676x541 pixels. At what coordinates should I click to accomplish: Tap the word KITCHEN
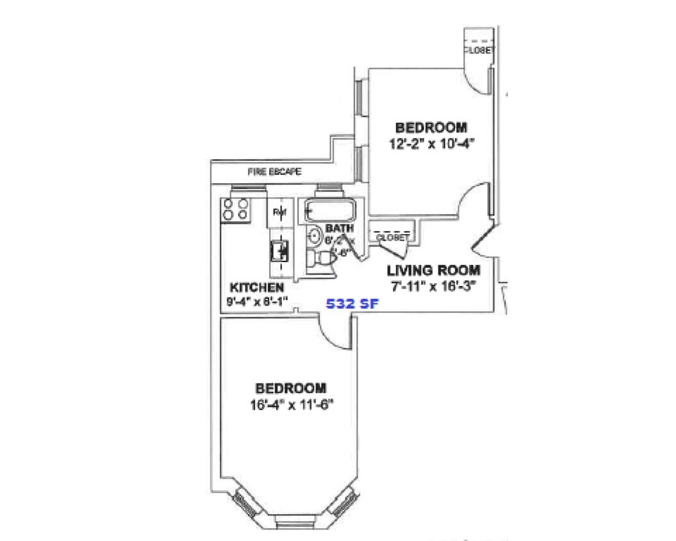coord(256,287)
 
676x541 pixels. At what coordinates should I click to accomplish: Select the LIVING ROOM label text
coord(433,270)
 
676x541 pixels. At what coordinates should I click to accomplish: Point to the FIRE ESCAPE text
coord(274,172)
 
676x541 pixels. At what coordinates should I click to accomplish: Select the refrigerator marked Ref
coord(279,212)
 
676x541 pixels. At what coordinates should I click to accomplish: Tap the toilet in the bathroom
coord(321,258)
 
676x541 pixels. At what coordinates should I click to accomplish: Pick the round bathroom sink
coord(314,236)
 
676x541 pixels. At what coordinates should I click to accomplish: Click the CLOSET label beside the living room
coord(393,238)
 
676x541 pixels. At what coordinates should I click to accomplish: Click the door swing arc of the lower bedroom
coord(334,332)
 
